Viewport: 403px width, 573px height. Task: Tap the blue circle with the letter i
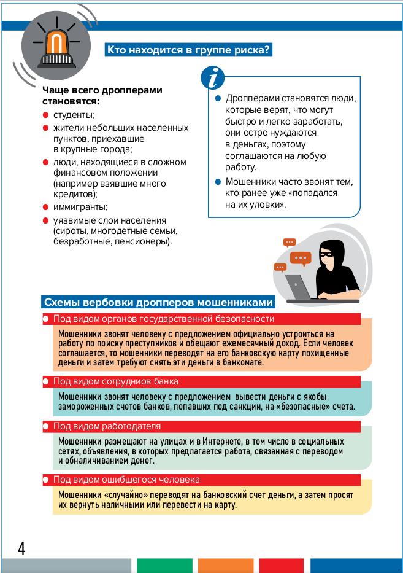pyautogui.click(x=212, y=79)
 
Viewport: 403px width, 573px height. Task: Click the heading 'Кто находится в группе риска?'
pyautogui.click(x=188, y=50)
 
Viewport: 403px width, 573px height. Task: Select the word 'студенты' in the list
pyautogui.click(x=74, y=115)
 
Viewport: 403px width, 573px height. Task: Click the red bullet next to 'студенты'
pyautogui.click(x=45, y=115)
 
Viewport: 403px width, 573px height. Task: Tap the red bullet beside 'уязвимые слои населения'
pyautogui.click(x=45, y=220)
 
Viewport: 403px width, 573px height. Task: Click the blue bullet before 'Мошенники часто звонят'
pyautogui.click(x=218, y=182)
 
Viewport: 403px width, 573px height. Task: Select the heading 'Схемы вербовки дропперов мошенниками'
pyautogui.click(x=156, y=303)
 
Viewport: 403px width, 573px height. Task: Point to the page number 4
pyautogui.click(x=21, y=548)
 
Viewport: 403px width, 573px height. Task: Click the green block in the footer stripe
pyautogui.click(x=164, y=566)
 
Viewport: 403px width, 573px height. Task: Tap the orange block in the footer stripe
pyautogui.click(x=225, y=566)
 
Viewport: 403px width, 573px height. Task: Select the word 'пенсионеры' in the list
pyautogui.click(x=145, y=241)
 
